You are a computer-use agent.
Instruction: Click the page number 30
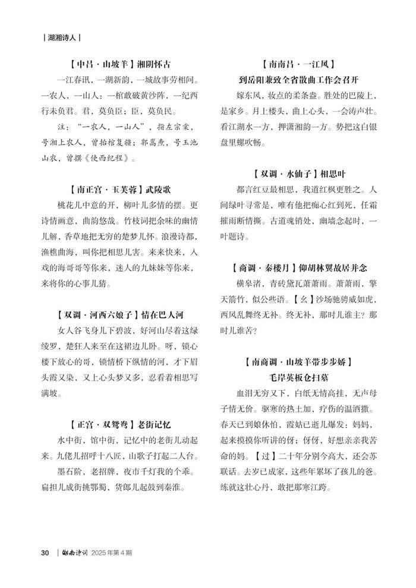(45, 552)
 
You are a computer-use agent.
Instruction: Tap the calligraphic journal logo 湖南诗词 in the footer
(75, 552)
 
